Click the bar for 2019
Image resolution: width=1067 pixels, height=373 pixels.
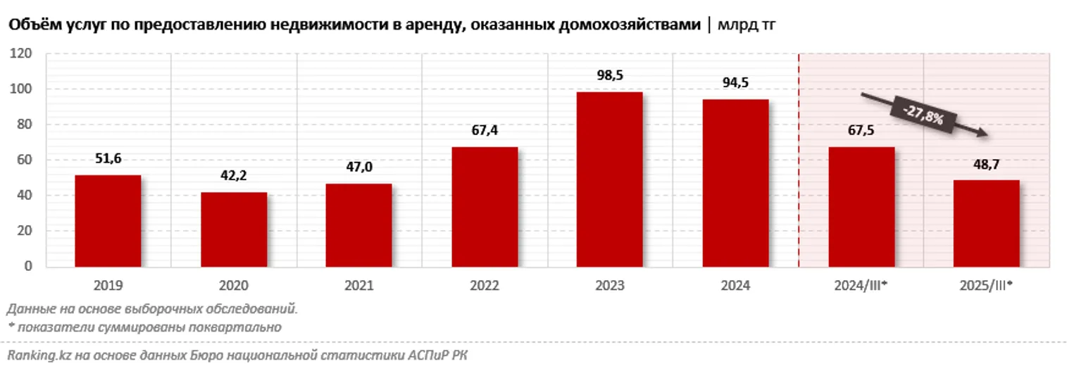point(108,220)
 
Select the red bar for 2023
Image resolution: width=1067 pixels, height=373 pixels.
point(609,179)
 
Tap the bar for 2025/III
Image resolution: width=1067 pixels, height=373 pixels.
point(986,223)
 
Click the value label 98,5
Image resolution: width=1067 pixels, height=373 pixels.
point(609,77)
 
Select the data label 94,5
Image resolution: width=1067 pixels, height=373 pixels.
point(735,84)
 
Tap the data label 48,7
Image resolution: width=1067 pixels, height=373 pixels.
point(986,164)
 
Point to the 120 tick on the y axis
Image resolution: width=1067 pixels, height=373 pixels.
point(23,53)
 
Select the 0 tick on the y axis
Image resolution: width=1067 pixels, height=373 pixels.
point(29,266)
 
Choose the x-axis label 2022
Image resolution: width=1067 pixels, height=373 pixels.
point(484,286)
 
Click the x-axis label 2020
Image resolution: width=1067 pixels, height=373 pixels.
point(233,286)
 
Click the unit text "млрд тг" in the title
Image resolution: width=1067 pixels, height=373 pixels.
point(747,25)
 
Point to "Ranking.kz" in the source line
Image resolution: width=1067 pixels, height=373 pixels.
point(33,355)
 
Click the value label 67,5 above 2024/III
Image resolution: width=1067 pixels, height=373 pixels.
point(860,132)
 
